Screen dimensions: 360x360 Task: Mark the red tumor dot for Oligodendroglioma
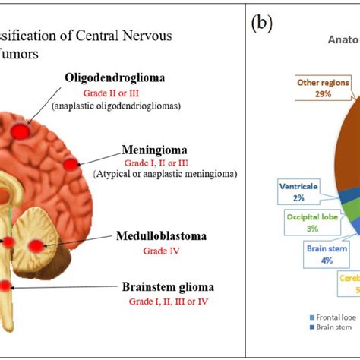(x=30, y=131)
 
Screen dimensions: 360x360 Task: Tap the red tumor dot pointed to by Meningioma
(x=71, y=164)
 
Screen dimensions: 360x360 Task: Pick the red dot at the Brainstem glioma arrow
(x=6, y=286)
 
